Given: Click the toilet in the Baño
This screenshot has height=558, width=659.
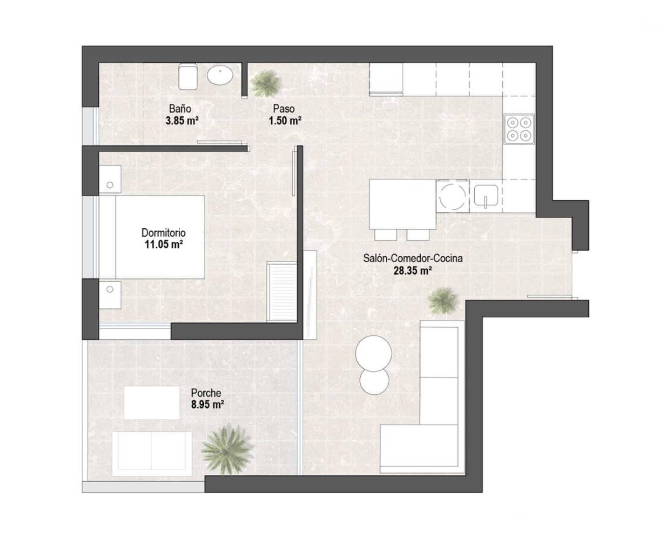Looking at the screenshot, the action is tap(188, 76).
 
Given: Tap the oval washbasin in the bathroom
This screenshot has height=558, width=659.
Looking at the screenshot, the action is tap(220, 75).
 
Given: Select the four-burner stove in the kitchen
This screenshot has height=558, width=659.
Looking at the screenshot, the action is tap(519, 129).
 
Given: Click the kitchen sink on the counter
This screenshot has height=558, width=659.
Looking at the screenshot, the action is tap(486, 195).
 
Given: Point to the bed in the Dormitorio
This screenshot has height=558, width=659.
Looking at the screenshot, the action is tap(160, 237).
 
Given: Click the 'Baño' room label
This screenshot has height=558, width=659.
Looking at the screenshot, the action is tap(180, 109).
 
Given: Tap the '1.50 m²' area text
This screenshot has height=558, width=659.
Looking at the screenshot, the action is tap(285, 121).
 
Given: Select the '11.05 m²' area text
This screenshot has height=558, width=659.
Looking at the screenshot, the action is tap(164, 245).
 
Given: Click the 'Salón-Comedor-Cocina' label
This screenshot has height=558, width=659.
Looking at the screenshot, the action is tap(413, 258).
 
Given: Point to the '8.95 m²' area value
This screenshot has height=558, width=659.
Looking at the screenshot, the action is tap(207, 405).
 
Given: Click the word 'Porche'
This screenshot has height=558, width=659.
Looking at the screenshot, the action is tap(206, 393).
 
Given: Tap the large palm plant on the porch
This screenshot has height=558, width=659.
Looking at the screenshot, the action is tap(226, 450).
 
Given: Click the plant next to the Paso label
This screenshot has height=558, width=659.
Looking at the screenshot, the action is tap(264, 83).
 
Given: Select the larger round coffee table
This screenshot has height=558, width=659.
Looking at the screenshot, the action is tap(374, 353).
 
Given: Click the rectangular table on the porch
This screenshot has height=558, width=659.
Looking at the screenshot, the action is tap(152, 403).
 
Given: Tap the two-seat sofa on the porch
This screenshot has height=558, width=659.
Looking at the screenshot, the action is tap(152, 454).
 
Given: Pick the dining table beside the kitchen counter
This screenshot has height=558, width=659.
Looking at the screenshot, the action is tap(403, 204).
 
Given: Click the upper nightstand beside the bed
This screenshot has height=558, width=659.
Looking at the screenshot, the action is tap(110, 179).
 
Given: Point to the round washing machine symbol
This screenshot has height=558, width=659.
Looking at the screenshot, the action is tap(452, 196).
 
